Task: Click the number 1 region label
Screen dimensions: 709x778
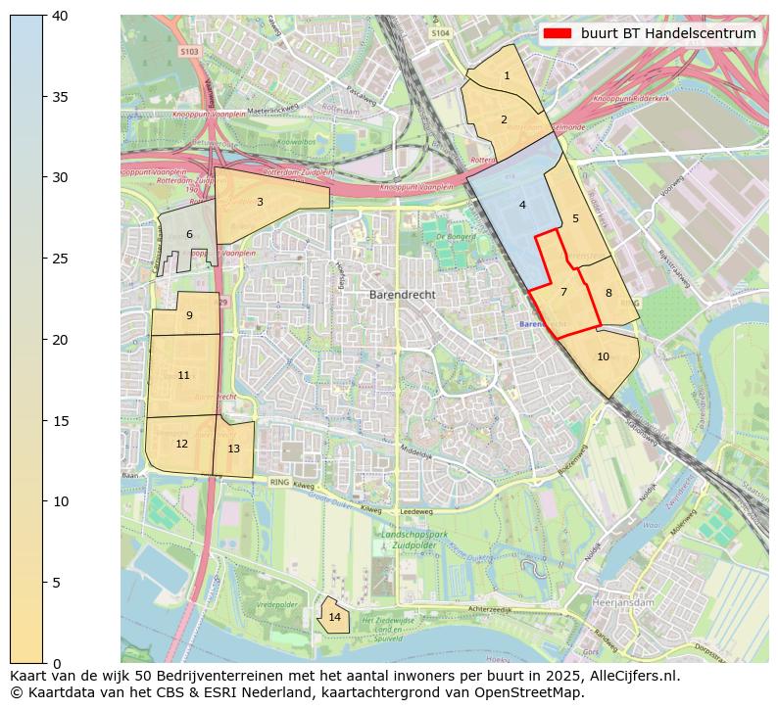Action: click(507, 75)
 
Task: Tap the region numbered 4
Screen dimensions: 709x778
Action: click(522, 205)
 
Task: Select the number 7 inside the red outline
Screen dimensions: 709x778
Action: click(563, 292)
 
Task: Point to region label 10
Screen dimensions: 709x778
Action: click(603, 356)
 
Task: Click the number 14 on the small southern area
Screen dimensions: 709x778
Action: click(335, 617)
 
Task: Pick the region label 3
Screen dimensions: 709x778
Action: click(260, 202)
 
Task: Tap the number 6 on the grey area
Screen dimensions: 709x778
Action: click(189, 234)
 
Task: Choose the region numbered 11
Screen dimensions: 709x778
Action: click(183, 375)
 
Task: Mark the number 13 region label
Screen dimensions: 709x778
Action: click(233, 449)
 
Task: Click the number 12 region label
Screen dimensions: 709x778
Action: click(181, 444)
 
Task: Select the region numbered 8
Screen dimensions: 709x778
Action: click(608, 293)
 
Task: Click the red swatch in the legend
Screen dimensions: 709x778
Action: click(556, 33)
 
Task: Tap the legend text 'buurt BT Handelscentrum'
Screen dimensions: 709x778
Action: click(668, 33)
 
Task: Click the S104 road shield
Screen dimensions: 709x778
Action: click(441, 32)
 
